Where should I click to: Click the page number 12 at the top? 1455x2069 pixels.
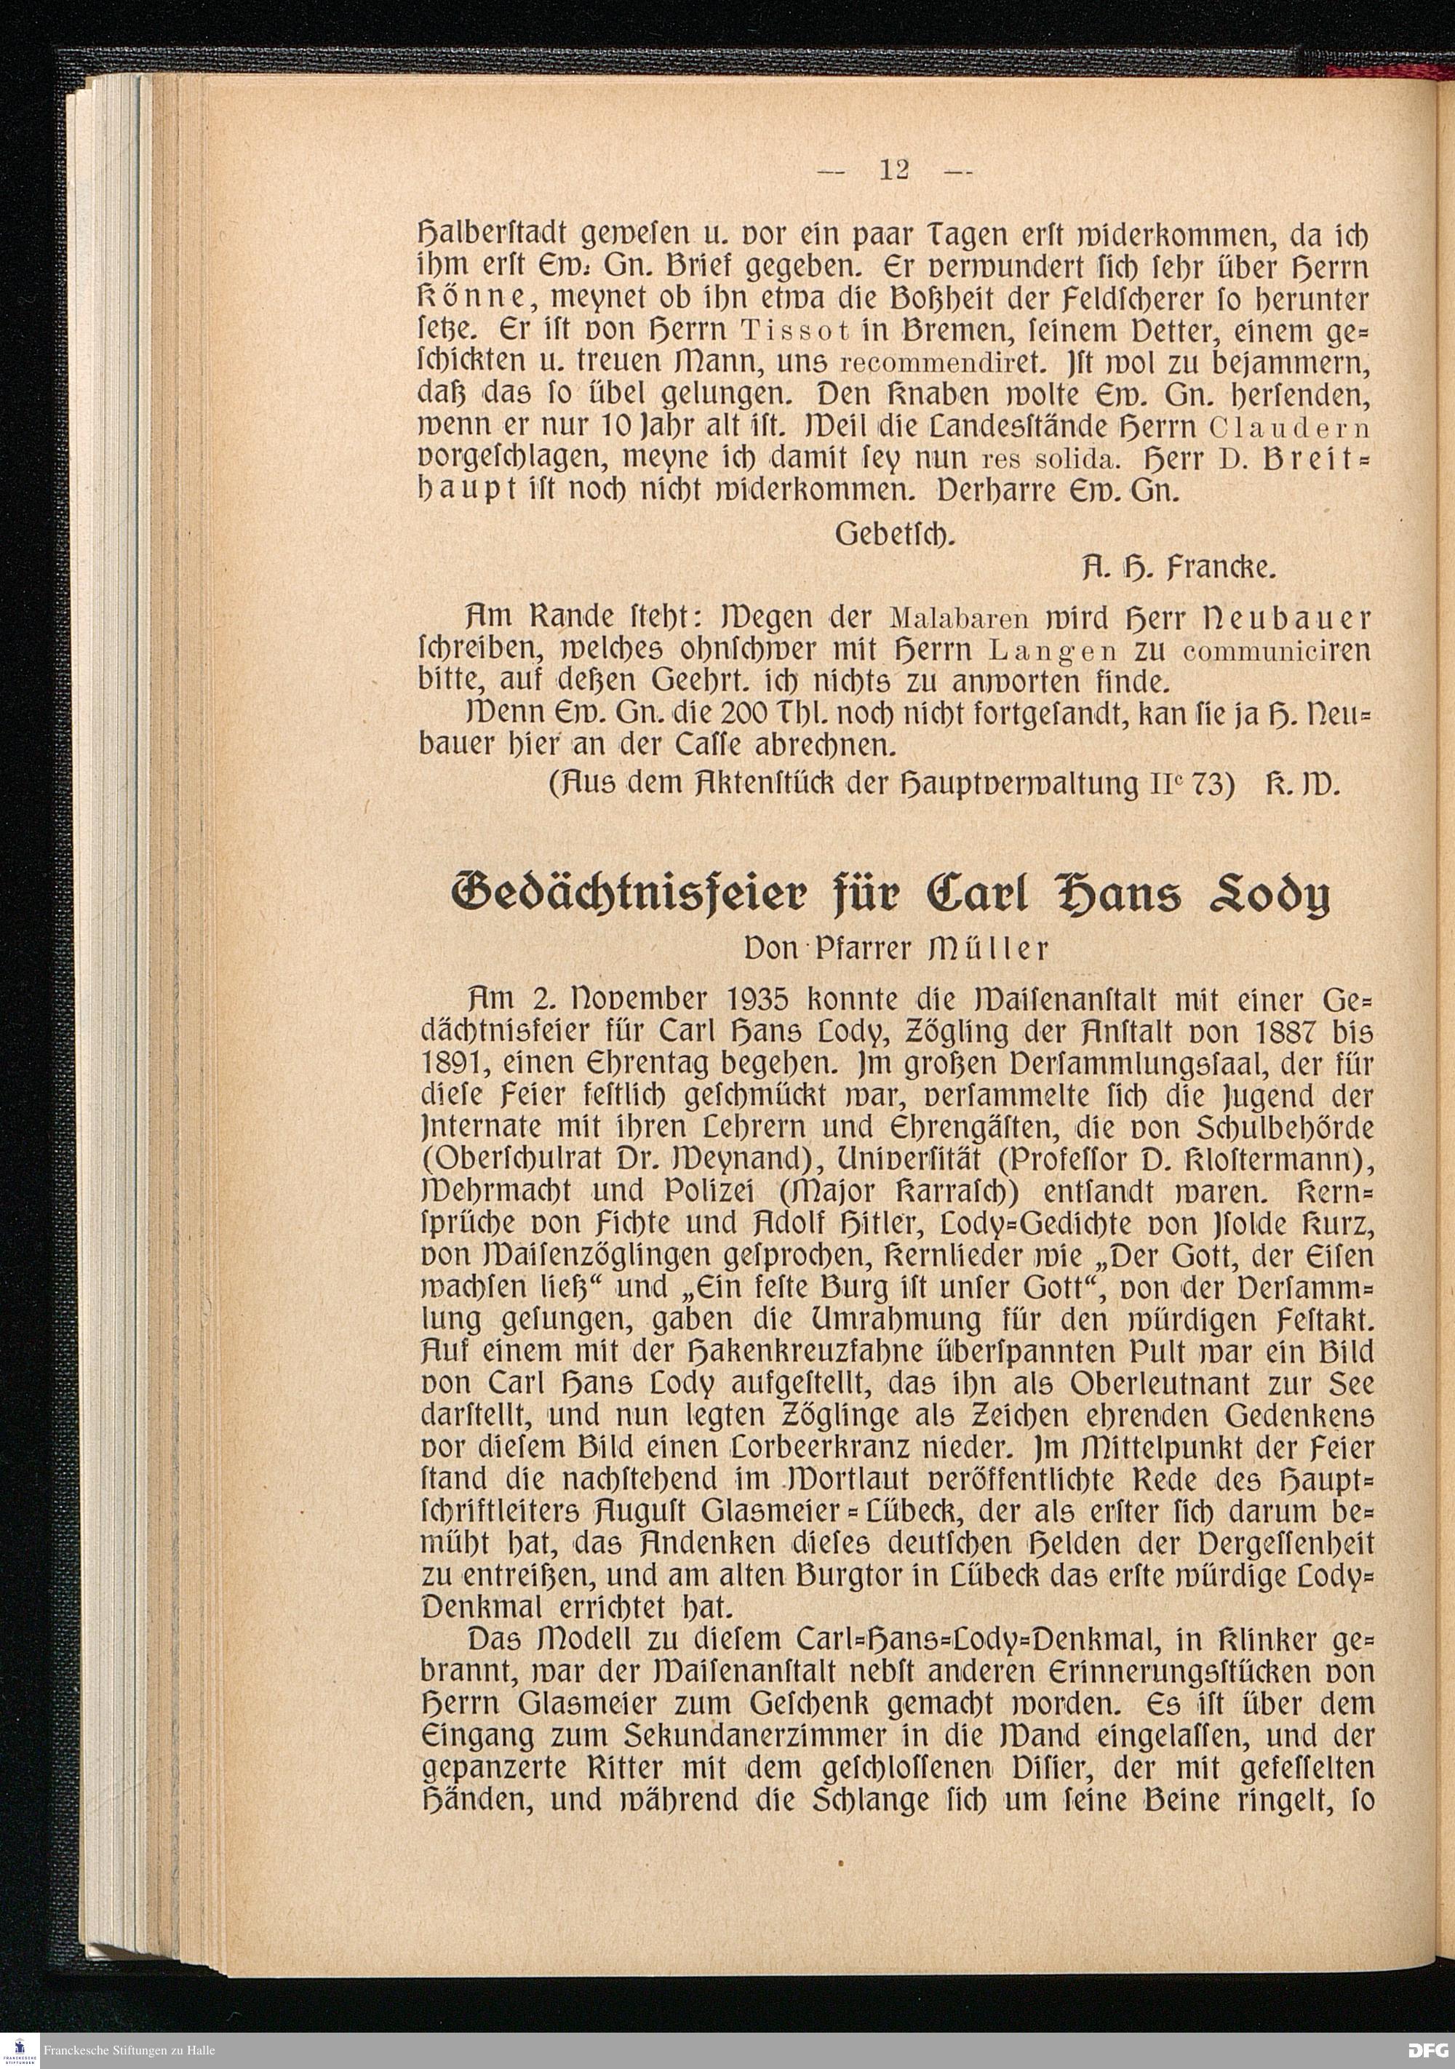point(896,170)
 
